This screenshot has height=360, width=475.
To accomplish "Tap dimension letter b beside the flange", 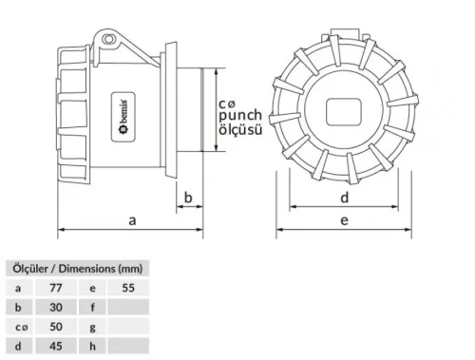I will tap(188, 198).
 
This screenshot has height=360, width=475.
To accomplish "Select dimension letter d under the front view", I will tap(345, 197).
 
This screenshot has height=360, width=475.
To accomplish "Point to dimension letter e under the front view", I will tap(345, 219).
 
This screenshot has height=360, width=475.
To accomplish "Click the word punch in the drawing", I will tap(240, 115).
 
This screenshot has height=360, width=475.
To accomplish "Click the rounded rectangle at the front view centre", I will tap(345, 112).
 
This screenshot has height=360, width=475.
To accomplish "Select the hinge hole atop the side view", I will tap(109, 40).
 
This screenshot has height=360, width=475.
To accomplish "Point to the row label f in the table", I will tap(92, 306).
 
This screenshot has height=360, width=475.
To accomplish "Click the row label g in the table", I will tap(92, 327).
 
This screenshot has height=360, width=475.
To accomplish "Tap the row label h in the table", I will tap(92, 347).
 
